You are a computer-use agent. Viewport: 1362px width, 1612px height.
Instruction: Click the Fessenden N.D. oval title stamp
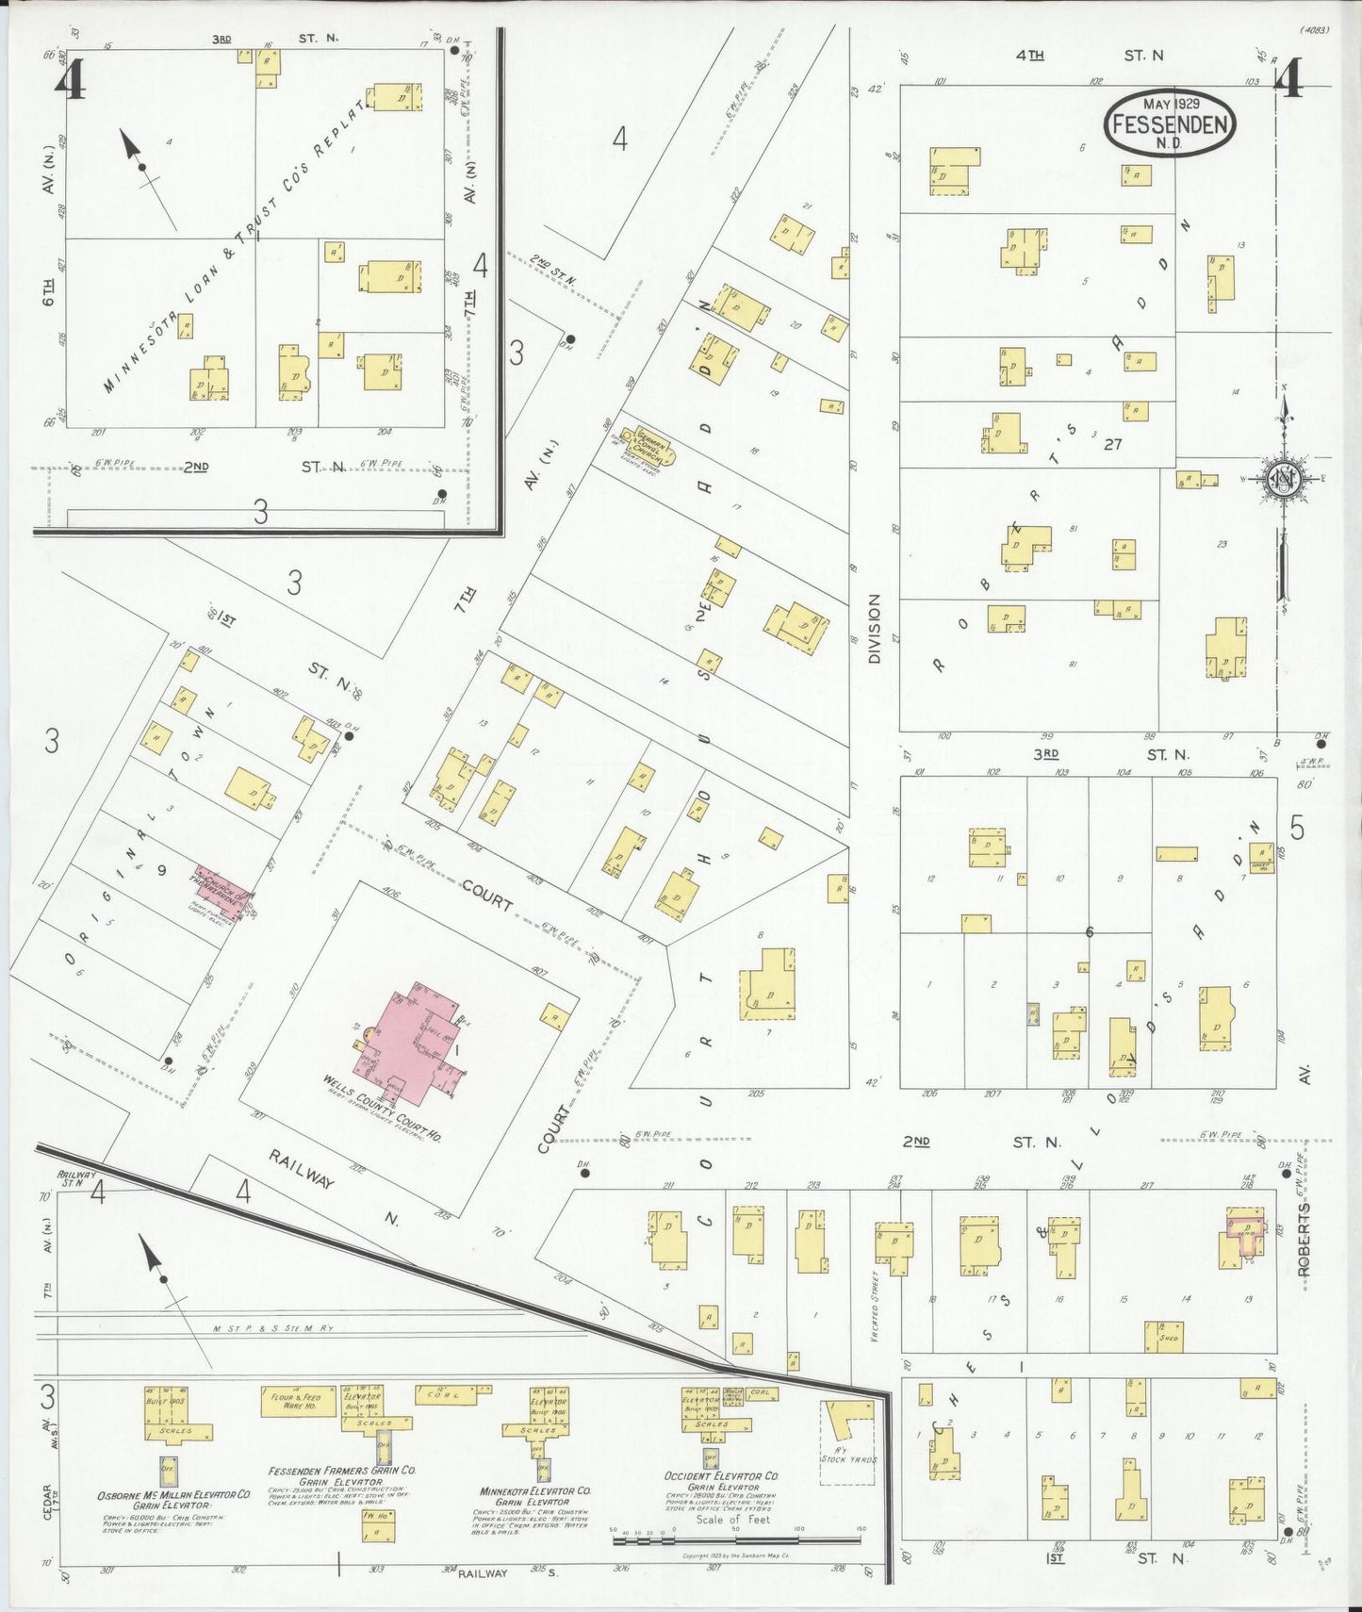point(1170,123)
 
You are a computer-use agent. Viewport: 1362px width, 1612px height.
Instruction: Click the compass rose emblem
point(1284,477)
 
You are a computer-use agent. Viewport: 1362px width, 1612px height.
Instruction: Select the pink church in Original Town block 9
point(223,891)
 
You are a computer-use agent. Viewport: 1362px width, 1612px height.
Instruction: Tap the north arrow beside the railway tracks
point(162,1278)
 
